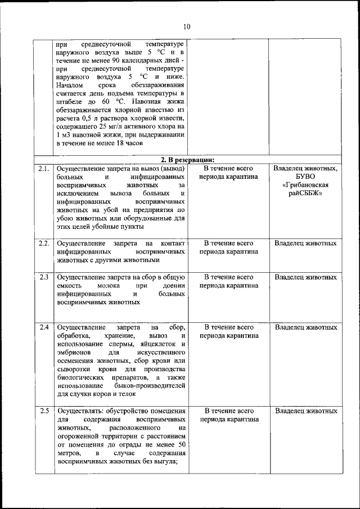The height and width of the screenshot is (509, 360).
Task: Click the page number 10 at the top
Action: (187, 26)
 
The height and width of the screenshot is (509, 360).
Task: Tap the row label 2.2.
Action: (44, 243)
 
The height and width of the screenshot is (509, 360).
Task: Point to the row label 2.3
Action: (44, 277)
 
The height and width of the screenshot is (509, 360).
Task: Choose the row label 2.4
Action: (44, 327)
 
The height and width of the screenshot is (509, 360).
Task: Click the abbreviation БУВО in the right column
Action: (306, 177)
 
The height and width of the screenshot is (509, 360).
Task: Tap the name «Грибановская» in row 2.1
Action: (306, 185)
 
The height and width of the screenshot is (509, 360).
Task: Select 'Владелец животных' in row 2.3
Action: (306, 277)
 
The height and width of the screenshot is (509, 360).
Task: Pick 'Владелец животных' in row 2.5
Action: (306, 411)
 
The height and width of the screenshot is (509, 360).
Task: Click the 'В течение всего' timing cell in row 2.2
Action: (228, 243)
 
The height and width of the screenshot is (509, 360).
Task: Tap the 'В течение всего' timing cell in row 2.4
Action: (228, 327)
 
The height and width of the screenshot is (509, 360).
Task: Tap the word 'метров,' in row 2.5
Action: (69, 453)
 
